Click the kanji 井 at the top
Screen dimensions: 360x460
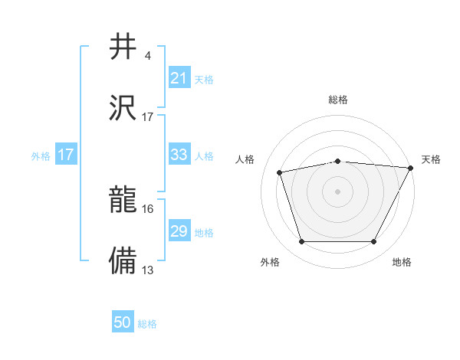coord(123,47)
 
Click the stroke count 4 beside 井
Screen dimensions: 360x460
coord(147,56)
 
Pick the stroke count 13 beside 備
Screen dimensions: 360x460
coord(148,270)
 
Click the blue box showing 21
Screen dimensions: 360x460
coord(179,78)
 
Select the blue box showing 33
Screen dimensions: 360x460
coord(179,155)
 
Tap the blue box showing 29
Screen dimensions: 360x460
coord(179,231)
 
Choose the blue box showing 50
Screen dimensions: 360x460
coord(123,323)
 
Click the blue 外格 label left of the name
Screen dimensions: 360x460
coord(41,155)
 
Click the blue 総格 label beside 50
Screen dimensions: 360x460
coord(147,324)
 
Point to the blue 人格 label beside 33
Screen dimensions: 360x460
coord(204,155)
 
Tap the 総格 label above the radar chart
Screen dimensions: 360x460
coord(337,100)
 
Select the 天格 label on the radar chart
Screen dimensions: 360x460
coord(431,159)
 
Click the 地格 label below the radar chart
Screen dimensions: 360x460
coord(402,262)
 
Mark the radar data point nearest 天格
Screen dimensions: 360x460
coord(412,168)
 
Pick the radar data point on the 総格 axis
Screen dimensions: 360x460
coord(337,161)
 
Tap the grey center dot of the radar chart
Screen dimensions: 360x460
coord(337,191)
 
